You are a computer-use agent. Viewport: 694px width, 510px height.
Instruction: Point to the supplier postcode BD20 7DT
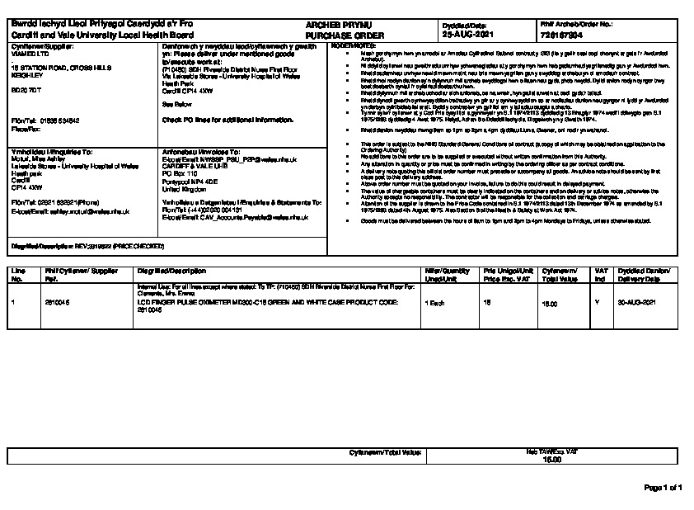[26, 88]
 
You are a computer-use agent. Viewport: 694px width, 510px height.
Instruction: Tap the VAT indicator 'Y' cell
[596, 304]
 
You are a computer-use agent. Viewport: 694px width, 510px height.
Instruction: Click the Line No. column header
[16, 275]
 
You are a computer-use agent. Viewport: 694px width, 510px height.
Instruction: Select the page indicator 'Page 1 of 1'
[663, 488]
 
